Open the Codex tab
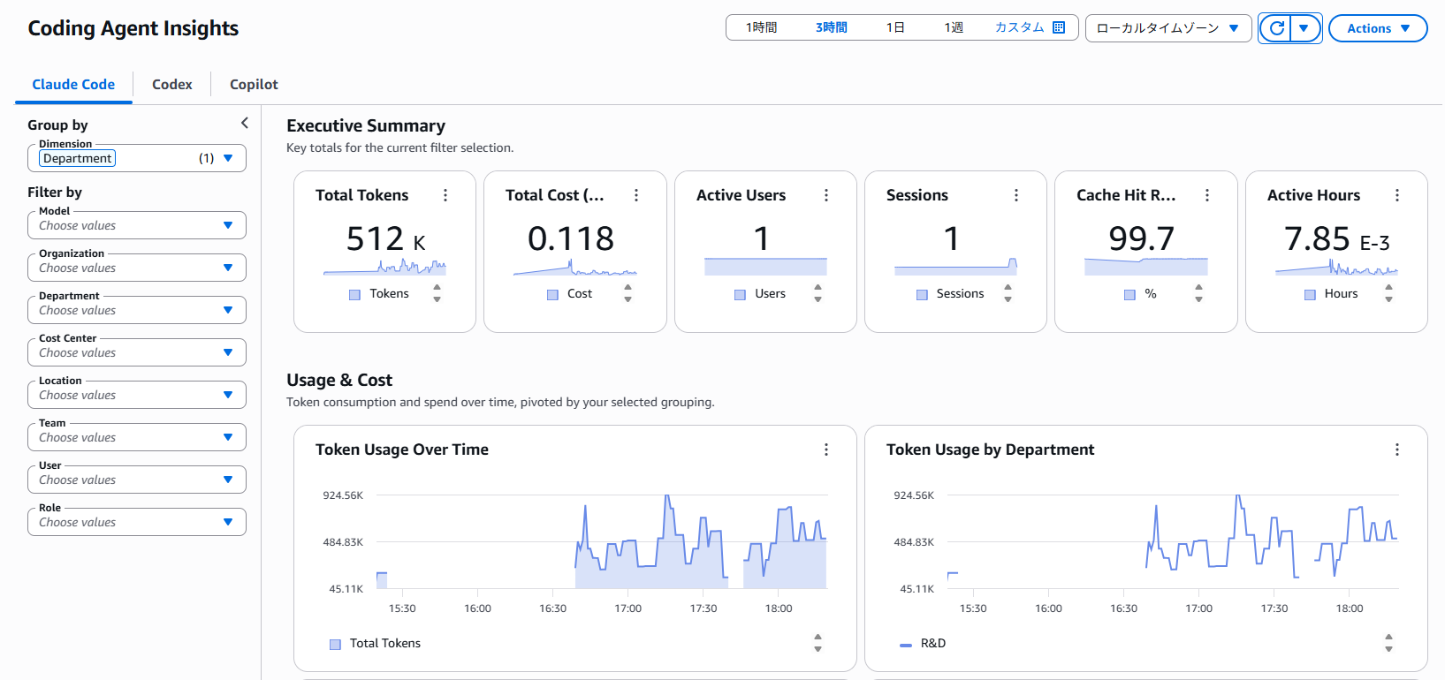coord(171,85)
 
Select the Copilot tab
coord(254,85)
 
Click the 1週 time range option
coord(954,27)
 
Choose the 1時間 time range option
coord(761,27)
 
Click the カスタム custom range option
coord(1030,27)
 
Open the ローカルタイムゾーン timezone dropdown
coord(1168,28)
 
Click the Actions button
coord(1378,28)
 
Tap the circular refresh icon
coord(1276,28)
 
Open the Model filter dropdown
coord(137,225)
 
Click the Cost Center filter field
coord(137,352)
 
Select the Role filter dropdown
coord(137,522)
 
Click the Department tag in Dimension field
coord(78,159)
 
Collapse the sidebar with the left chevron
coord(245,123)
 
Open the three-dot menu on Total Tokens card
coord(445,195)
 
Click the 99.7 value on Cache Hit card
coord(1141,238)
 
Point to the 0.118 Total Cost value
coord(571,238)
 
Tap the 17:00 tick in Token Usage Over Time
coord(627,608)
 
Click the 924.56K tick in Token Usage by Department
coord(914,495)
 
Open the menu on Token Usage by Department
coord(1397,450)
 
